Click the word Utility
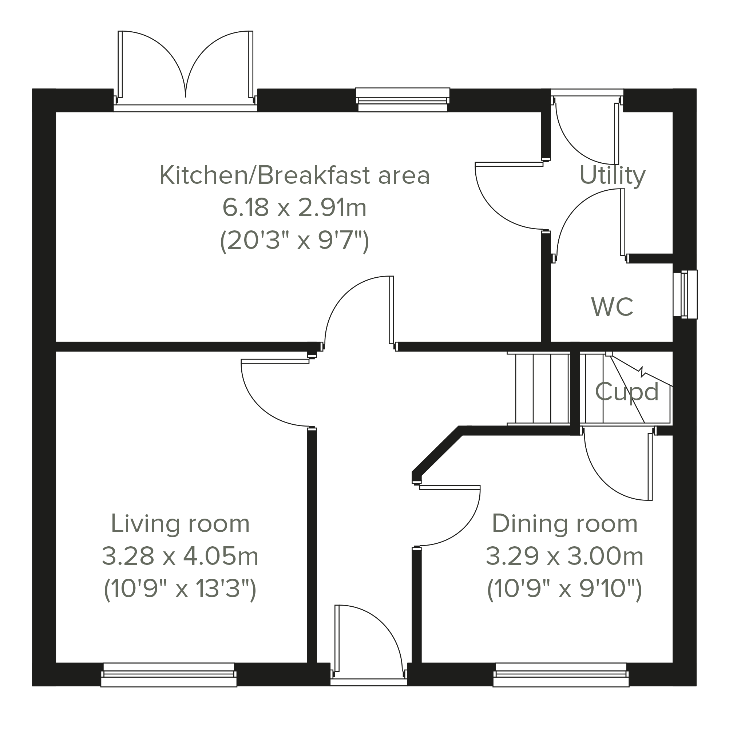coord(613,176)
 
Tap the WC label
coord(612,307)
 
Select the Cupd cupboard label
coord(627,392)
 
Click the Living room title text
coord(180,524)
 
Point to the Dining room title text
coord(565,524)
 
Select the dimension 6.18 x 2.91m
coord(294,208)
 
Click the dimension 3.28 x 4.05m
coord(180,556)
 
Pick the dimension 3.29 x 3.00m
coord(565,556)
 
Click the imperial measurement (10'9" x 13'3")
coord(180,590)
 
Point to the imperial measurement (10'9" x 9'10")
coord(565,590)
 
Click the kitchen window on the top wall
coord(403,100)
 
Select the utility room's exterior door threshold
coord(587,93)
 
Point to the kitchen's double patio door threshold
coord(185,108)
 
